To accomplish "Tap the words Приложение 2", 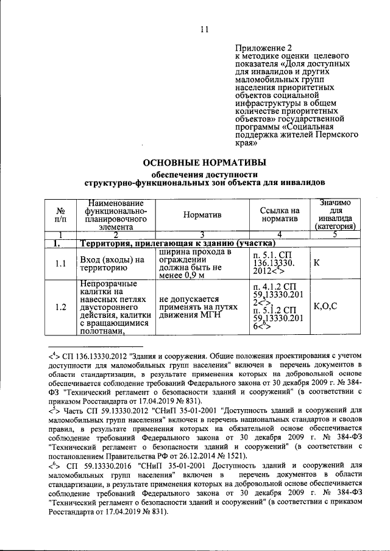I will (264, 47).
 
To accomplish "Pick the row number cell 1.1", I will (60, 264).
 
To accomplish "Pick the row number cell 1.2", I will (60, 307).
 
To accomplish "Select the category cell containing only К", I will (317, 264).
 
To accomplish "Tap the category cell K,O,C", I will (325, 306).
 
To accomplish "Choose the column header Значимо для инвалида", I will (335, 214).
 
